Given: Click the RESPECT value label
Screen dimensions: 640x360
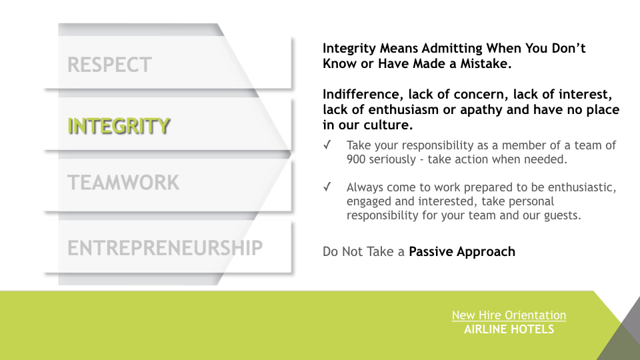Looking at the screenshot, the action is click(109, 65).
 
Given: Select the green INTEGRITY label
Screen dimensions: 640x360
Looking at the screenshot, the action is click(119, 126).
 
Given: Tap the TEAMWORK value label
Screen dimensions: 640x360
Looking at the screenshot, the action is click(123, 183).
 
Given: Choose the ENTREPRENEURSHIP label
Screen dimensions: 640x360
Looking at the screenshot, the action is click(165, 248).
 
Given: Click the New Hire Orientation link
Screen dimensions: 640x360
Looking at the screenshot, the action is click(509, 315).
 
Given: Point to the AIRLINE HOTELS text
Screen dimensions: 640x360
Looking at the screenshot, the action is click(509, 329).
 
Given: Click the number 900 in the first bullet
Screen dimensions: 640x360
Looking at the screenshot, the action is click(356, 159).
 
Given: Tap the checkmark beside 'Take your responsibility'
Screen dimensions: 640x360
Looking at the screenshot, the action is click(327, 145).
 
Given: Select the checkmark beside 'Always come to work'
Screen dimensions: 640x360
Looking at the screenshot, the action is click(327, 187).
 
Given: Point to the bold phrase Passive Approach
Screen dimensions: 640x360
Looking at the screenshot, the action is click(462, 252).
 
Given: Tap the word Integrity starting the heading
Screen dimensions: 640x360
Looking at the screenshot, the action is click(349, 49).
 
